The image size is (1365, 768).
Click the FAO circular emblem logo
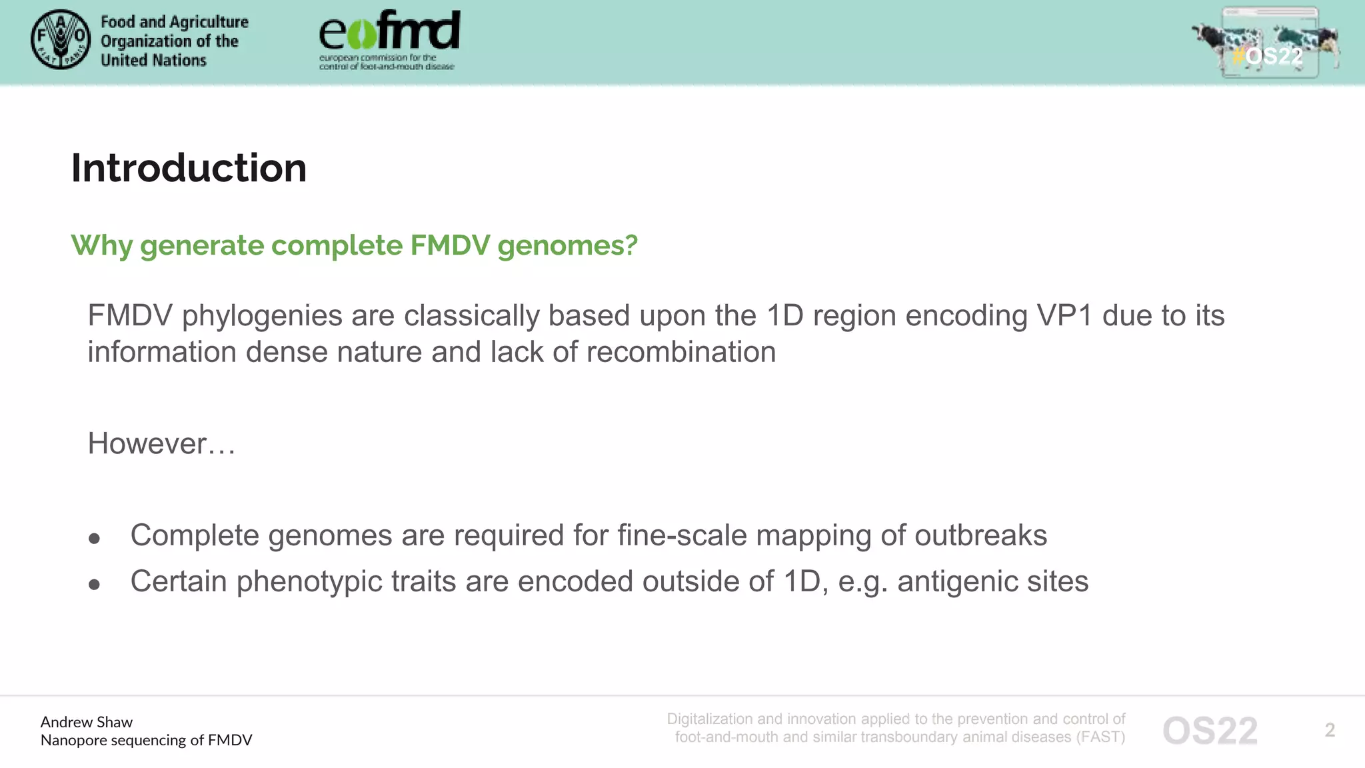tap(61, 39)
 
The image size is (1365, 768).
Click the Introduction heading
tap(189, 168)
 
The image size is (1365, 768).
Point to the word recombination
tap(680, 352)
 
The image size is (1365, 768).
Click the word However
tap(147, 444)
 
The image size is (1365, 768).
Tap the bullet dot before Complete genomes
tap(94, 539)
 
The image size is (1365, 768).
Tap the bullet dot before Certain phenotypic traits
tap(94, 585)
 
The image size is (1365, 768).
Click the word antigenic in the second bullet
tap(957, 581)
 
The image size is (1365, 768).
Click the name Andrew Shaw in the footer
tap(87, 722)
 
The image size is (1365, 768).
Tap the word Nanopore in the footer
tap(72, 740)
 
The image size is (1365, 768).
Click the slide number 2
tap(1330, 730)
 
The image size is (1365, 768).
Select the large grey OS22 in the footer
tap(1210, 731)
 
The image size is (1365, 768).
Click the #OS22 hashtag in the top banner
tap(1267, 56)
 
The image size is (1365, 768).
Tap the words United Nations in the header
tap(153, 61)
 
